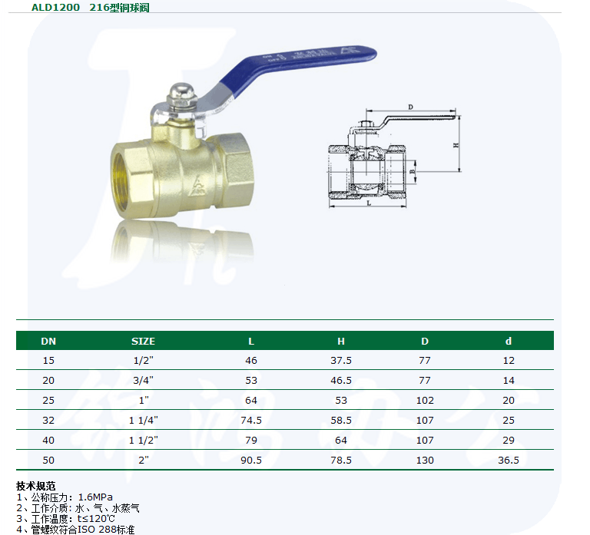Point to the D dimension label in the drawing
click(410, 107)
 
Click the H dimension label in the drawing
click(456, 145)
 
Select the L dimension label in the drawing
click(369, 203)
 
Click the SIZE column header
click(143, 341)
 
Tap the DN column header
click(48, 341)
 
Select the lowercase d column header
click(509, 341)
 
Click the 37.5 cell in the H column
click(341, 360)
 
